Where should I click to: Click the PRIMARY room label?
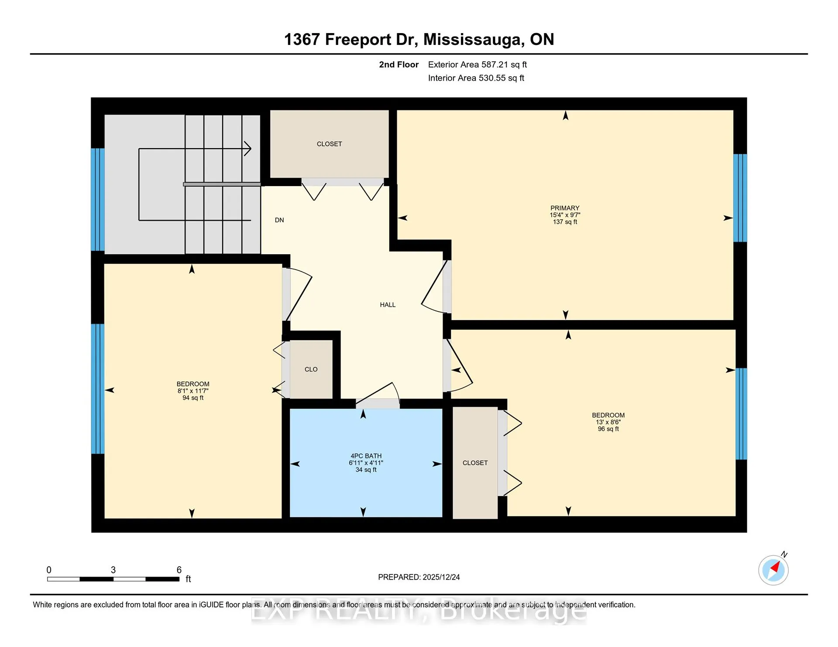pyautogui.click(x=565, y=208)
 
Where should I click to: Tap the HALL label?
pyautogui.click(x=388, y=305)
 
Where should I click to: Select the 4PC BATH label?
pyautogui.click(x=366, y=456)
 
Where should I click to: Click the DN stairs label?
pyautogui.click(x=279, y=220)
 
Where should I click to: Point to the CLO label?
pyautogui.click(x=311, y=369)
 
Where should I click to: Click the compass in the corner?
pyautogui.click(x=773, y=570)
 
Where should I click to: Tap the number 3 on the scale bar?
pyautogui.click(x=113, y=570)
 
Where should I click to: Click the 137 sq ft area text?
pyautogui.click(x=565, y=222)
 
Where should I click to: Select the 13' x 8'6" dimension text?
pyautogui.click(x=608, y=422)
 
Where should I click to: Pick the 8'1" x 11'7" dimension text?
pyautogui.click(x=193, y=391)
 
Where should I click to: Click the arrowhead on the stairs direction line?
pyautogui.click(x=248, y=149)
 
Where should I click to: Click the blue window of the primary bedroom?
pyautogui.click(x=740, y=198)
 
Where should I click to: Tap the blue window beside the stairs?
pyautogui.click(x=98, y=200)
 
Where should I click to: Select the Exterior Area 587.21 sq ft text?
pyautogui.click(x=477, y=65)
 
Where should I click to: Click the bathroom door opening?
pyautogui.click(x=378, y=403)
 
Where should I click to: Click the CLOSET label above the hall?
pyautogui.click(x=330, y=144)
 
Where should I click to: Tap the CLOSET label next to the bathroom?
pyautogui.click(x=475, y=463)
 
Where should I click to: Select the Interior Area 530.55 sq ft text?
pyautogui.click(x=476, y=78)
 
